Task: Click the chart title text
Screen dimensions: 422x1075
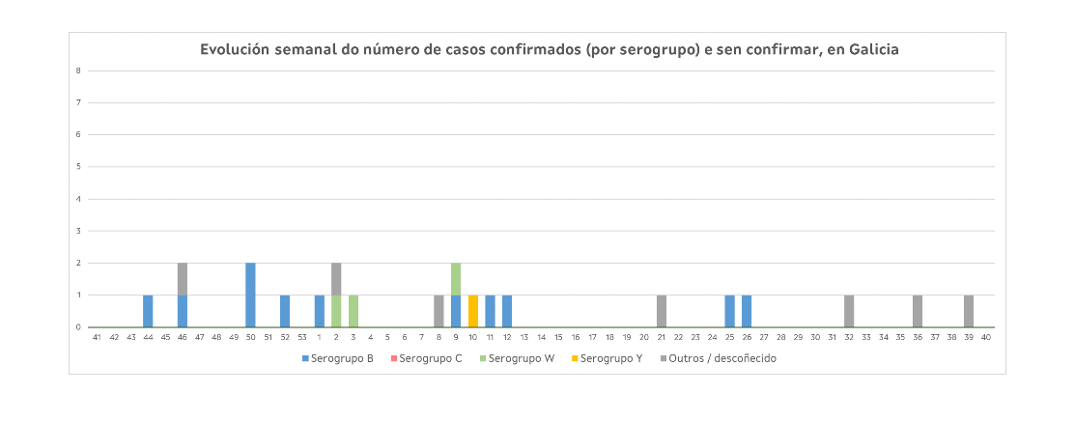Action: coord(549,50)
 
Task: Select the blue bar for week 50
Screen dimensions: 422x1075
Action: coord(250,295)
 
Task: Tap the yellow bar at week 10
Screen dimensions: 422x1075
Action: coord(473,311)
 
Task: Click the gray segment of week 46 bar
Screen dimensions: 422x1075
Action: coord(183,279)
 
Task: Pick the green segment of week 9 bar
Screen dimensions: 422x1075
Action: coord(456,279)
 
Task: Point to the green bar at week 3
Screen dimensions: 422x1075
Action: coord(354,311)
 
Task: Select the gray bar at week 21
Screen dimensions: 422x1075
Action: coord(662,311)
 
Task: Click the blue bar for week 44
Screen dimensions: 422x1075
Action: coord(148,311)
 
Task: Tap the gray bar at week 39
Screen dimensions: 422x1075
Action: coord(969,311)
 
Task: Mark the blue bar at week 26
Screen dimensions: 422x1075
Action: coord(747,311)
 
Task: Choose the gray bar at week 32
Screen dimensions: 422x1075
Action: coord(849,311)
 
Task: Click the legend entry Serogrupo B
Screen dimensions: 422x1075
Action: coord(337,358)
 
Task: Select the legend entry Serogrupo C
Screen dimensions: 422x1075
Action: coord(427,358)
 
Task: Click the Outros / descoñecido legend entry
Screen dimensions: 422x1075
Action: coord(720,358)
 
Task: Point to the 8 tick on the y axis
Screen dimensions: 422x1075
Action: coord(78,70)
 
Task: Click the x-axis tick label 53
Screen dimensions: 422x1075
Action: coord(301,337)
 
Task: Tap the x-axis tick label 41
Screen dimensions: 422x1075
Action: coord(97,337)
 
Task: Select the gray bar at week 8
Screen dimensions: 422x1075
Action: coord(438,311)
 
